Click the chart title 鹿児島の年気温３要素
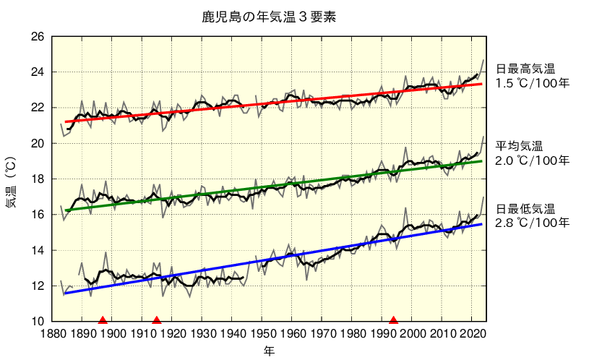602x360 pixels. (x=268, y=16)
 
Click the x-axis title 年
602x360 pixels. (x=268, y=351)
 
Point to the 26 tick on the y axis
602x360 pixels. (x=38, y=37)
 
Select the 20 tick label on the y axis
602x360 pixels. (x=38, y=143)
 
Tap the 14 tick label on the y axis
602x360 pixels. (x=38, y=250)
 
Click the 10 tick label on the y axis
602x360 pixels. (x=38, y=321)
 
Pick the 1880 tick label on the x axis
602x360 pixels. (x=53, y=334)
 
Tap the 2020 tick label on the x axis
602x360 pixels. (x=472, y=334)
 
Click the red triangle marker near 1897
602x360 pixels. (x=103, y=320)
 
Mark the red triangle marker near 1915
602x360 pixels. (x=156, y=320)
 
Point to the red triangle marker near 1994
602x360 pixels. (x=393, y=320)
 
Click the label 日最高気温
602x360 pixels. (x=525, y=69)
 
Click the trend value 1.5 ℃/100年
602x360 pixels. (x=533, y=83)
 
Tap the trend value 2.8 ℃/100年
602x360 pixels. (x=533, y=223)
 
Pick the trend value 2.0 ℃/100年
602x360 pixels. (x=533, y=160)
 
